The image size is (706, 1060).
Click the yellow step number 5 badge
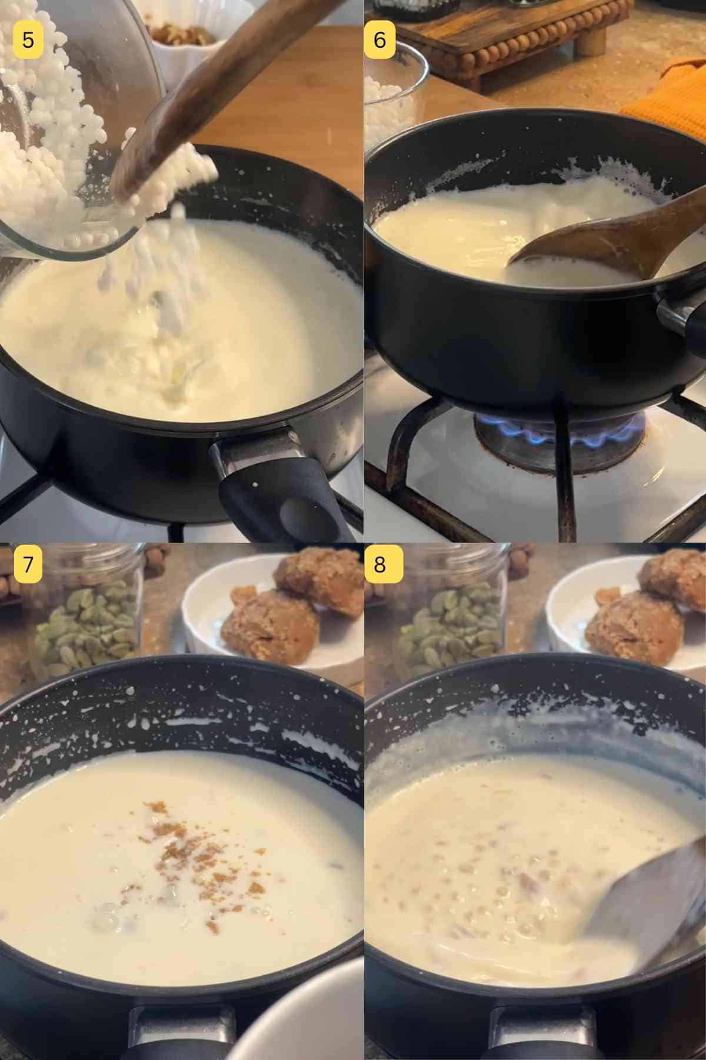pos(27,39)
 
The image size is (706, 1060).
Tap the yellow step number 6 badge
pos(380,39)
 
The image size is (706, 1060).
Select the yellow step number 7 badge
pos(27,564)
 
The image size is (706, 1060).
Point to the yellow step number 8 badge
pos(380,564)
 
